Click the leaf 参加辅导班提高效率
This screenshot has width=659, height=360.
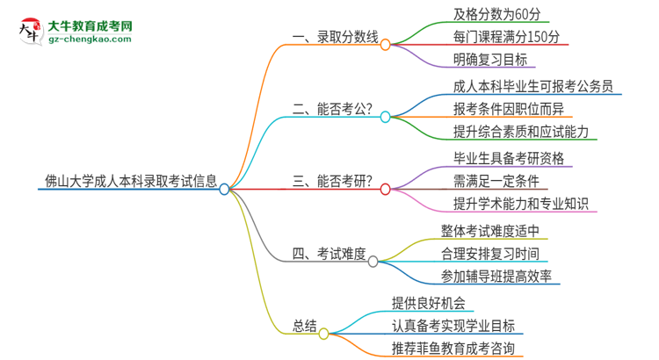point(496,277)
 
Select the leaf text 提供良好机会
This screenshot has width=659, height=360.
point(429,304)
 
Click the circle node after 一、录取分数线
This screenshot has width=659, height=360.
point(385,44)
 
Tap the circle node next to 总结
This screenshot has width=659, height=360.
point(323,334)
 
